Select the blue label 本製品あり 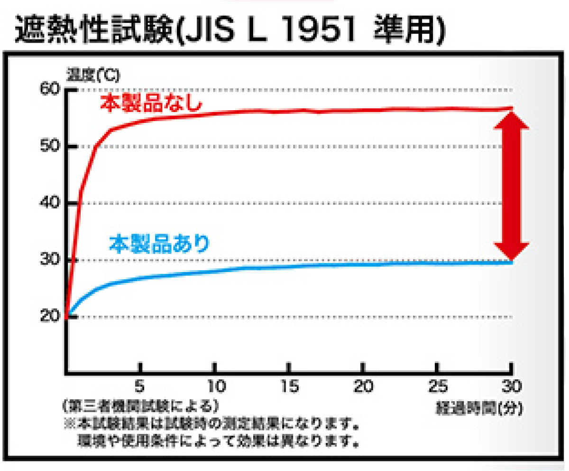159,244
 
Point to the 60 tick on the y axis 49,90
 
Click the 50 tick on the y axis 49,146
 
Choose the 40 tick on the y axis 49,203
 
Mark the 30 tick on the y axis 49,260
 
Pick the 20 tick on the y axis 49,317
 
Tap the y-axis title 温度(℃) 86,75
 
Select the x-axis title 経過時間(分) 478,408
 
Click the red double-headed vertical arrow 511,186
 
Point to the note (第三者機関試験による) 140,406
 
